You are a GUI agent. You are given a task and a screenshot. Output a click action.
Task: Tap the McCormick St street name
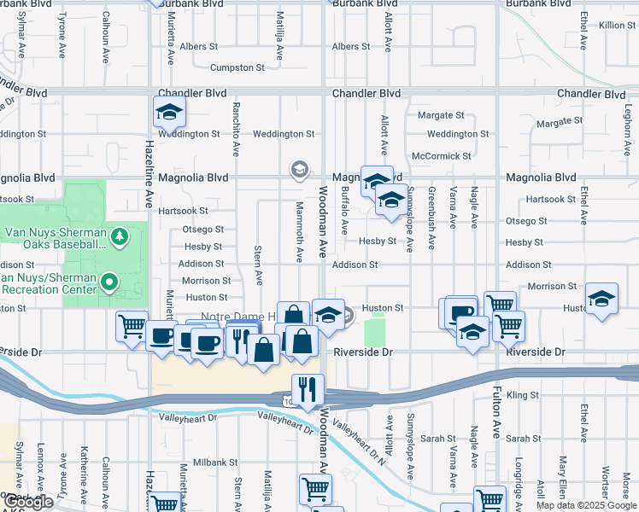[441, 156]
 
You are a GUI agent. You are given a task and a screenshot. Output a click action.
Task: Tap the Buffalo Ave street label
[345, 211]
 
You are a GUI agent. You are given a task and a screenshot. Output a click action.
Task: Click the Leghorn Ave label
[627, 135]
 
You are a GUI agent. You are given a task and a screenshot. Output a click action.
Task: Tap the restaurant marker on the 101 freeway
[308, 388]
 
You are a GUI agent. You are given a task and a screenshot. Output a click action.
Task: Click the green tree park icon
[120, 234]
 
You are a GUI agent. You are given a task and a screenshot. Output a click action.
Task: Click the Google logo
[28, 502]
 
